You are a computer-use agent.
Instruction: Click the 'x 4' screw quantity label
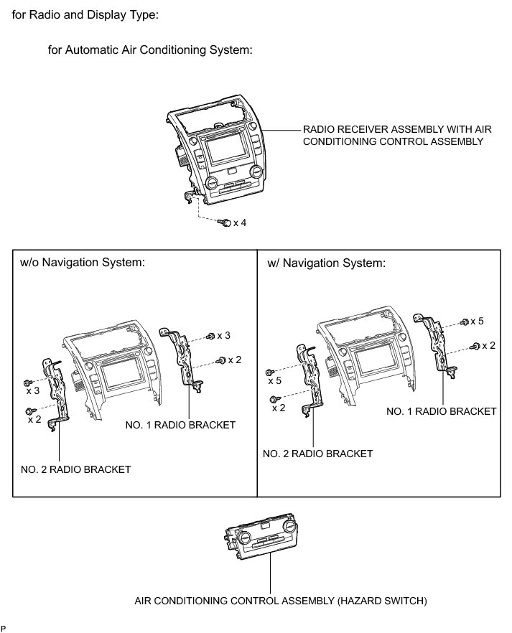[240, 223]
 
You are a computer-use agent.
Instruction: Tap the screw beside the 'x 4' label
[226, 223]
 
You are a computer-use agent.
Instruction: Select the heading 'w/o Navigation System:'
[83, 262]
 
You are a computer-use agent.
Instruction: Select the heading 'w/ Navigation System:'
[326, 263]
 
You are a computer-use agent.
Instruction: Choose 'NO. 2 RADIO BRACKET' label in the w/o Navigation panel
[76, 469]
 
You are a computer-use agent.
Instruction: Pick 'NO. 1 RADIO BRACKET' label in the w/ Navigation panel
[442, 411]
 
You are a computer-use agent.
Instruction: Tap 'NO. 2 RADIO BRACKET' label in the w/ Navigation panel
[318, 454]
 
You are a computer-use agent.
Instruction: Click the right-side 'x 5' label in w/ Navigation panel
[476, 321]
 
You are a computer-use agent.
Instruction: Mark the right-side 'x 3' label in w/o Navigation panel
[223, 336]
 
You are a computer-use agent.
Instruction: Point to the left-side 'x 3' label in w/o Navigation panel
[33, 390]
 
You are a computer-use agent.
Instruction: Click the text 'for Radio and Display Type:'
[85, 14]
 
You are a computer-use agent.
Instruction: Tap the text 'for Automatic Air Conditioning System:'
[149, 50]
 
